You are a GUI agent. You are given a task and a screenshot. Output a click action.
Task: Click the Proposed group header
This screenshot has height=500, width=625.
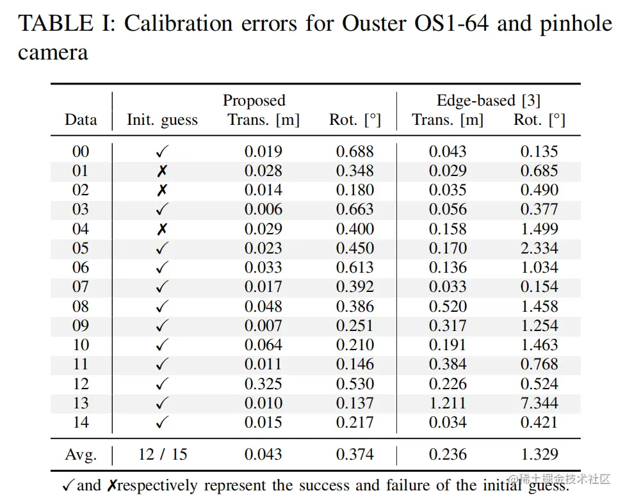tap(254, 101)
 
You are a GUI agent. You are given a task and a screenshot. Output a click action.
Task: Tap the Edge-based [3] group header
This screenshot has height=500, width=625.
tap(488, 101)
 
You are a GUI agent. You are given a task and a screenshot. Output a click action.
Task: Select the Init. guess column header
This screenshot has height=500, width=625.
tap(162, 120)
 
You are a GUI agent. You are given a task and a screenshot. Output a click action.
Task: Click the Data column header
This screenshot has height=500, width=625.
tap(81, 120)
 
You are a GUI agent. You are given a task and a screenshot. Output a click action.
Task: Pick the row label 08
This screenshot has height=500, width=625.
tap(81, 306)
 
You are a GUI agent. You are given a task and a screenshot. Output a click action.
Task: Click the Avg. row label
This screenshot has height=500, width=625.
tap(81, 455)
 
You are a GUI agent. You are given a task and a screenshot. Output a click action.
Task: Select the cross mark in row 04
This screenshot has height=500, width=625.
tap(162, 229)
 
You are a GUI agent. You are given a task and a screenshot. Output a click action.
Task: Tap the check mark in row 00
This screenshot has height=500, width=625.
tap(162, 152)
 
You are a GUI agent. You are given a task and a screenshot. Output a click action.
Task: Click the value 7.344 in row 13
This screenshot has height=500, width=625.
tap(539, 403)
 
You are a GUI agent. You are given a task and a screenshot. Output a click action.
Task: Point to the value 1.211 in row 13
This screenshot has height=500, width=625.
tap(448, 403)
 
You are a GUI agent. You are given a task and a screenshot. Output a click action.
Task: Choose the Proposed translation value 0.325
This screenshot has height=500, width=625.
tap(263, 383)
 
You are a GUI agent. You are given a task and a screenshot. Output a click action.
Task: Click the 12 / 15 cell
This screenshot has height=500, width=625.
tap(163, 455)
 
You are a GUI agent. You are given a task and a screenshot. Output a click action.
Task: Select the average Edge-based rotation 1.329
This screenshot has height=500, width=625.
tap(539, 455)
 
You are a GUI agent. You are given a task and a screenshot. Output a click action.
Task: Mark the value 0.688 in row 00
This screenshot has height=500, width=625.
tap(355, 152)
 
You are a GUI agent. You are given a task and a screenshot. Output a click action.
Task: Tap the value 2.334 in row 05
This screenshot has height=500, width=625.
tap(539, 248)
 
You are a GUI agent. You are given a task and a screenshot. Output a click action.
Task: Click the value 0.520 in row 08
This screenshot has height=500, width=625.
tap(448, 306)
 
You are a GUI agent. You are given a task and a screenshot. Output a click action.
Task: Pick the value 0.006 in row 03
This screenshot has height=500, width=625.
tap(263, 209)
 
